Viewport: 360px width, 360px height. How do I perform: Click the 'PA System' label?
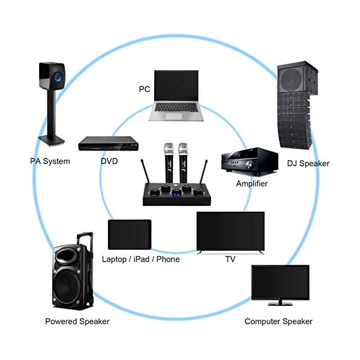(50, 161)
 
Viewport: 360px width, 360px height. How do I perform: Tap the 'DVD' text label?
(109, 161)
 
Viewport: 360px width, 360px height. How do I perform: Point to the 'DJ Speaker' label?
(308, 163)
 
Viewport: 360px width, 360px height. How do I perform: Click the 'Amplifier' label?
(251, 183)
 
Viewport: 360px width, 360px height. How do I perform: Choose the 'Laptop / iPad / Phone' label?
(141, 259)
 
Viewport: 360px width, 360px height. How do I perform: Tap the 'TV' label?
(230, 259)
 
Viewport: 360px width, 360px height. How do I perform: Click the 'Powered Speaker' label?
(77, 321)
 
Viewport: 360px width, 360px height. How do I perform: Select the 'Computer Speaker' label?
(278, 321)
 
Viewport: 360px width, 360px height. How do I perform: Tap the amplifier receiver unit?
(249, 161)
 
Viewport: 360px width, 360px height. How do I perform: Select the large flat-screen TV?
(230, 231)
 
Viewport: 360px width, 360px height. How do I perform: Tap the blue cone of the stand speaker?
(59, 76)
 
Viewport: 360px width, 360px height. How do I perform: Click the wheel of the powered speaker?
(90, 300)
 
